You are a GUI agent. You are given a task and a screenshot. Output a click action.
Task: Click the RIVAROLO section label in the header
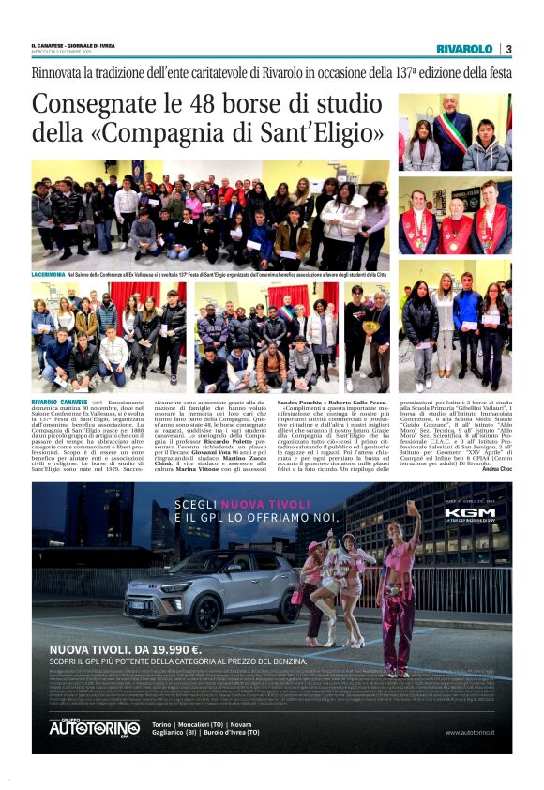coord(463,49)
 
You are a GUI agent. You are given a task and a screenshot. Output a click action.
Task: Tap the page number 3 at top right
coord(507,49)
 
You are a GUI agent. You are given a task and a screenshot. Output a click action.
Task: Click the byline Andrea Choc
coord(497,468)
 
